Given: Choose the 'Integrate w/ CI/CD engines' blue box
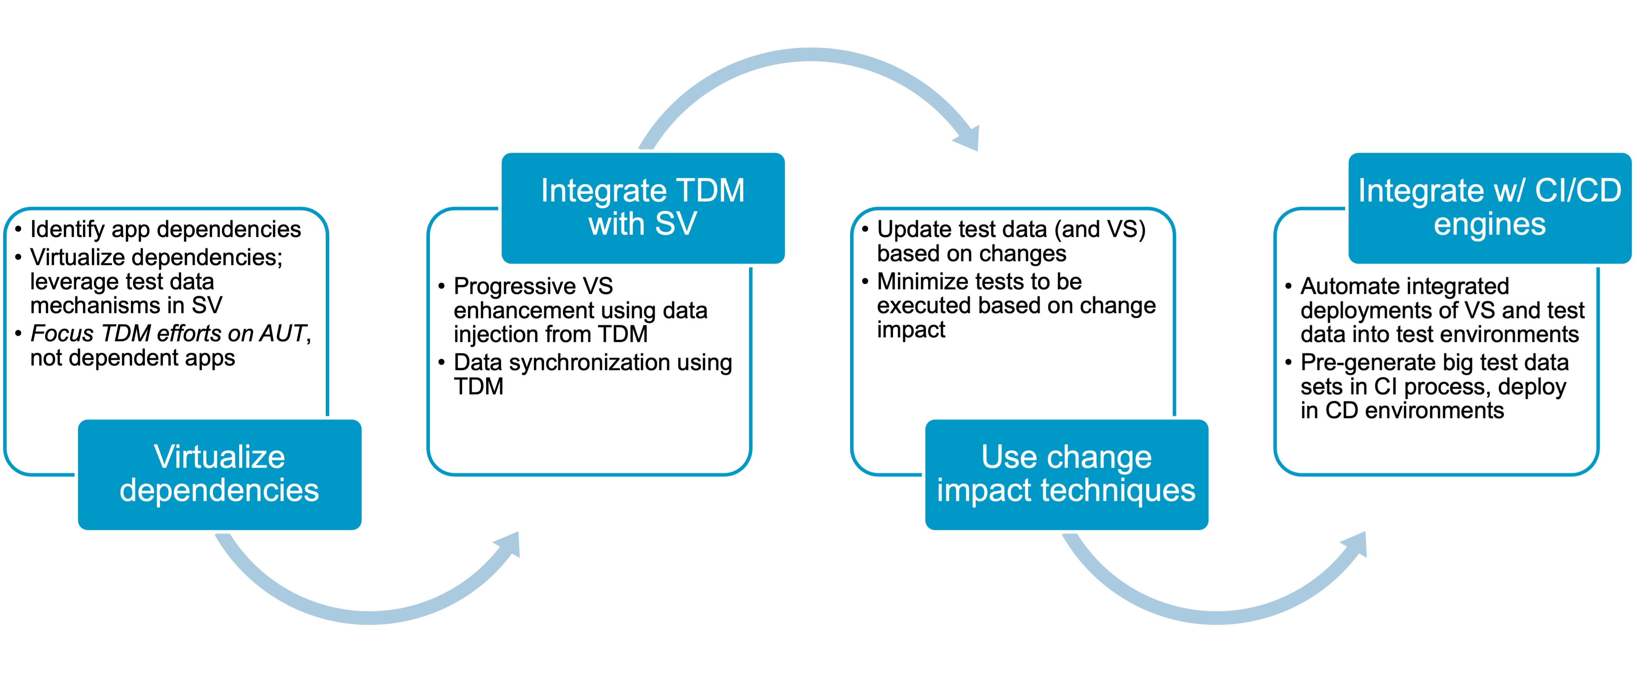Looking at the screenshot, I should tap(1490, 207).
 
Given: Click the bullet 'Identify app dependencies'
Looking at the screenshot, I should tap(165, 229).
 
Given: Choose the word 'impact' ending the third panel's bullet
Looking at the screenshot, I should tap(911, 330).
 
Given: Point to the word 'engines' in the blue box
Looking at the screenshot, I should tap(1490, 224).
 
